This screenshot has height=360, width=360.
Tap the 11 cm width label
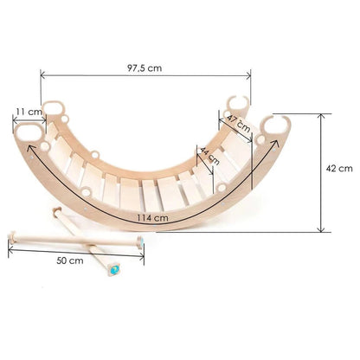[28, 112]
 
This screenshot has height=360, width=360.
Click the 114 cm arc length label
[152, 217]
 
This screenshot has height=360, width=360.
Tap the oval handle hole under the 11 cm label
[30, 132]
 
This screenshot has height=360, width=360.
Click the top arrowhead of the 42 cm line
[321, 113]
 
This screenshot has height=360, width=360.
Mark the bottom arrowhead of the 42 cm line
[321, 231]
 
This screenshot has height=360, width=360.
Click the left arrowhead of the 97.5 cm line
[42, 75]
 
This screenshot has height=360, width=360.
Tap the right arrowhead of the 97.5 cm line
[250, 75]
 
